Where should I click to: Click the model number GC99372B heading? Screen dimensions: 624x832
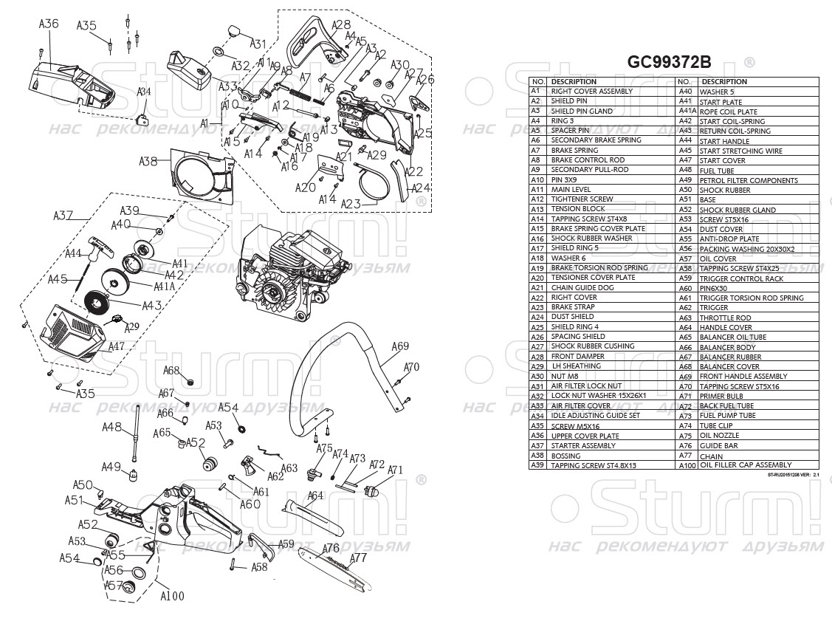(x=671, y=62)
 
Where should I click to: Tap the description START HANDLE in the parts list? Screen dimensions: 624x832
(x=724, y=141)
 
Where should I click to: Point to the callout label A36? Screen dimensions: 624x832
(x=49, y=24)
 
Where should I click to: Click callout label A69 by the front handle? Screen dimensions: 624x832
(x=400, y=346)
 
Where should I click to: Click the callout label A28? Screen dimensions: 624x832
(x=341, y=24)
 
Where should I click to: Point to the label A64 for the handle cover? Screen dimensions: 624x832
(x=315, y=496)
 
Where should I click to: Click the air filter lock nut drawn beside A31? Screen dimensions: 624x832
(x=235, y=30)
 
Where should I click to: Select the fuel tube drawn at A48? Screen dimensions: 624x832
(x=137, y=434)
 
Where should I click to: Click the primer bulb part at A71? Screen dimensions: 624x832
(x=372, y=488)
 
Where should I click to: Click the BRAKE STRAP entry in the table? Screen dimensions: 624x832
(x=571, y=307)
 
